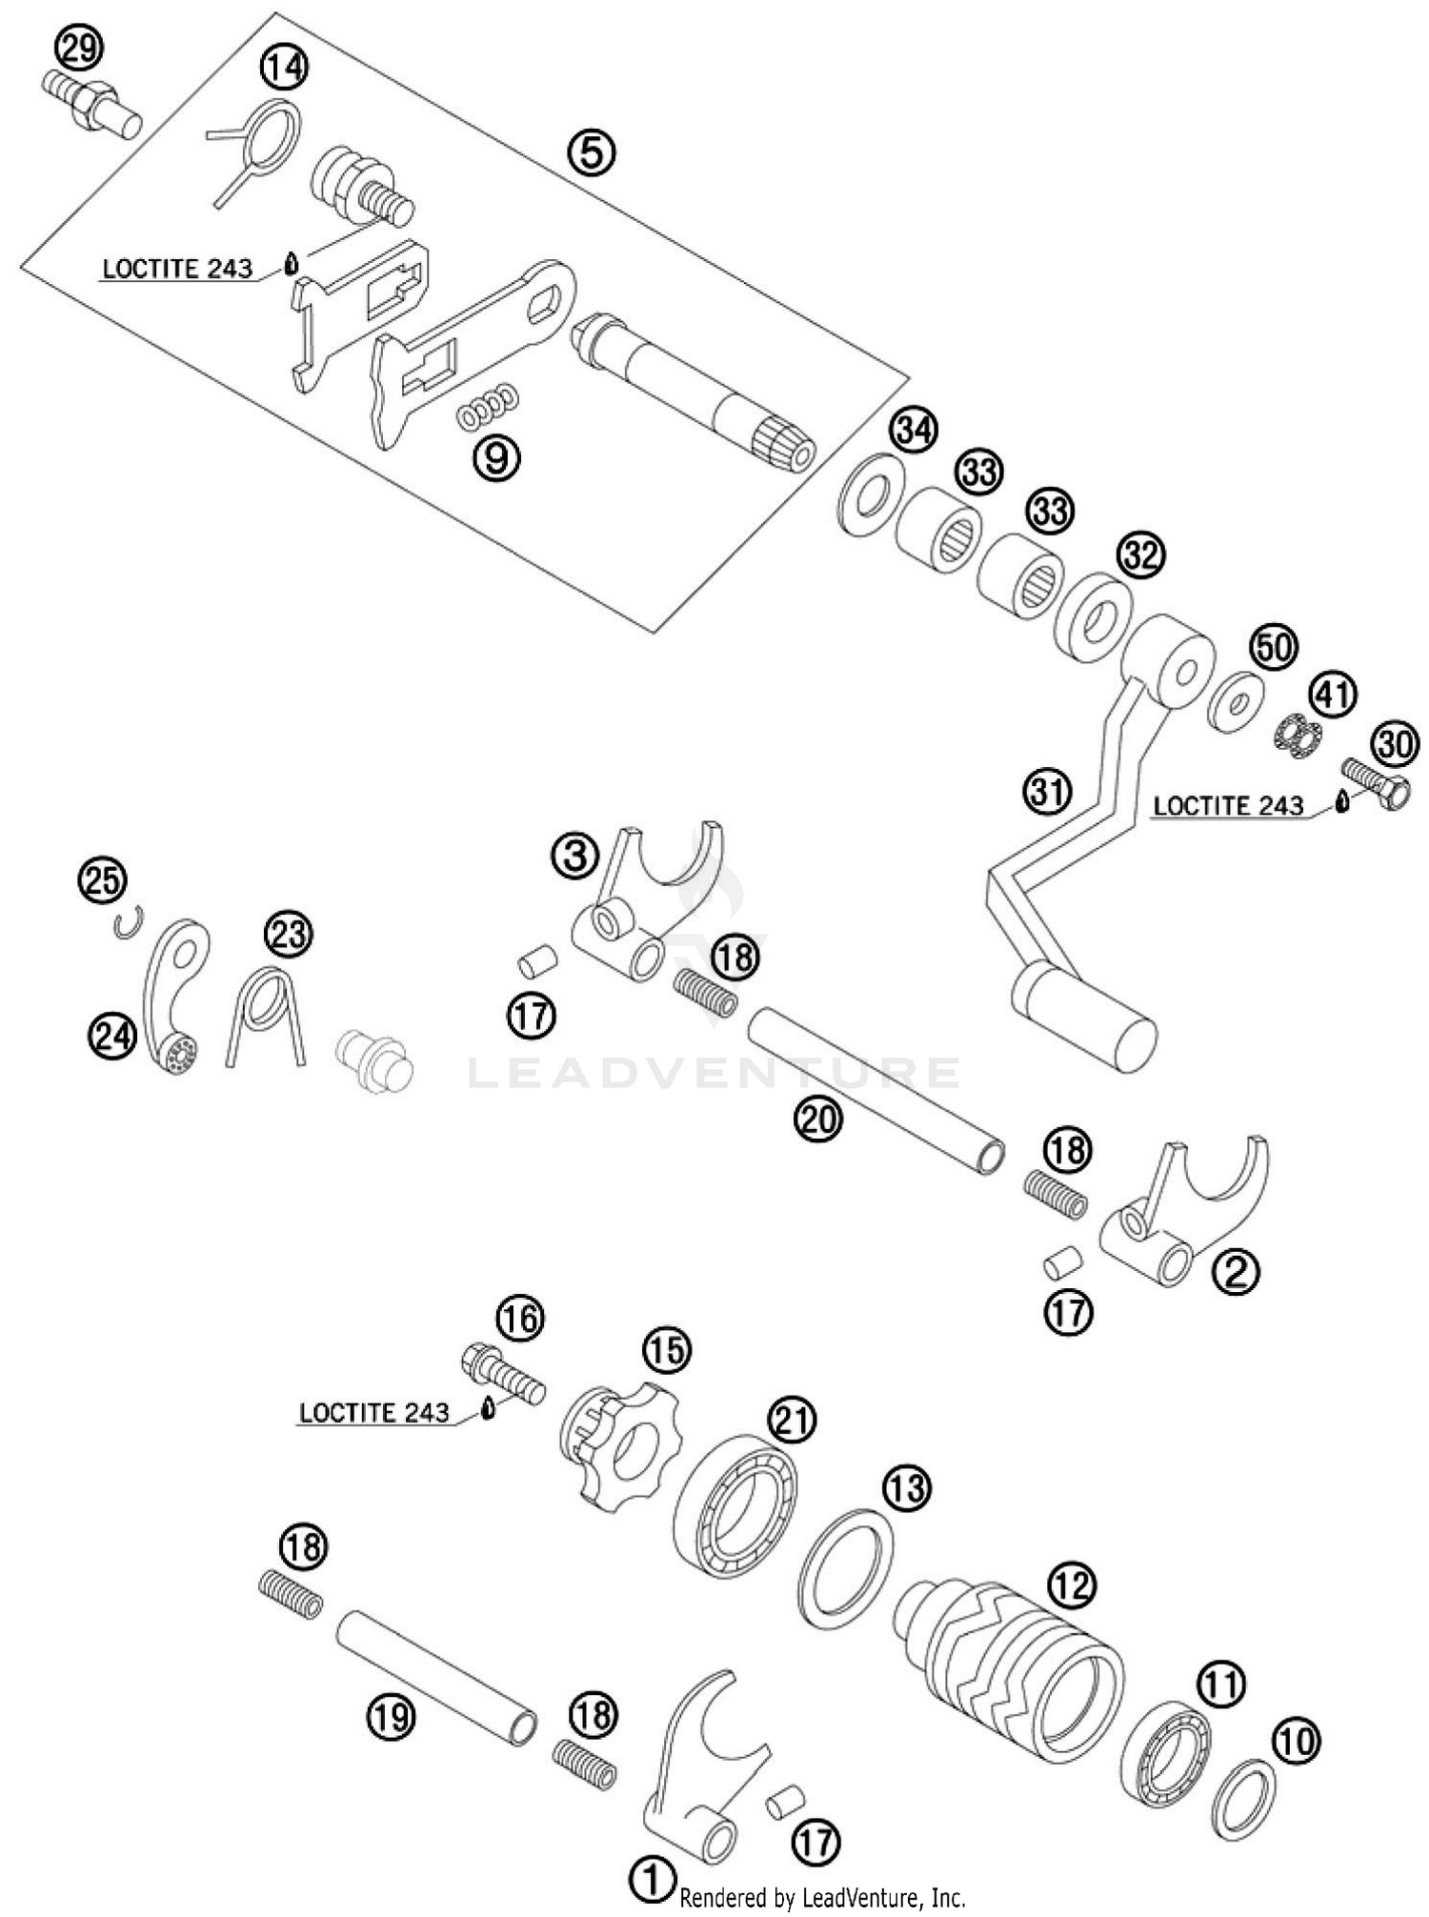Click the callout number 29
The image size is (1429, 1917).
(80, 48)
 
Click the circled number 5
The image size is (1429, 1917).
(591, 152)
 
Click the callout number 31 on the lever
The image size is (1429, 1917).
(1048, 793)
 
